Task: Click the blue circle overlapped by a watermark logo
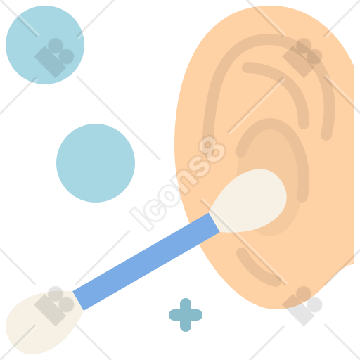pos(45,45)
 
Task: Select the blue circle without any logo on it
pos(96,163)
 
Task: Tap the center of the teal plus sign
pos(186,315)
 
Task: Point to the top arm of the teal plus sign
pos(186,304)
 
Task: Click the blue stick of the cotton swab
pos(146,262)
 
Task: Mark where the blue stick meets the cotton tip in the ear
pos(214,223)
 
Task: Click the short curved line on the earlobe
pos(255,269)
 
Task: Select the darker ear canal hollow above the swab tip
pos(269,150)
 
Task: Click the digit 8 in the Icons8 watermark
pos(212,150)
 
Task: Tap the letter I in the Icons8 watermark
pos(140,219)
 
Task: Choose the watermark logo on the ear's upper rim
pos(302,58)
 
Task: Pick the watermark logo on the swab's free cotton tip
pos(54,306)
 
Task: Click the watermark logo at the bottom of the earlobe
pos(302,306)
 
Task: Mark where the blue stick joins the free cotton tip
pos(78,301)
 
